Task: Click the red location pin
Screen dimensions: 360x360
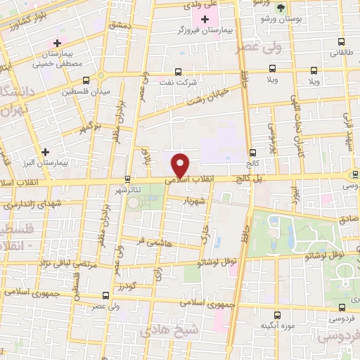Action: click(181, 165)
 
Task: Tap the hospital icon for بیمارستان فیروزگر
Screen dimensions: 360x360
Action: click(205, 20)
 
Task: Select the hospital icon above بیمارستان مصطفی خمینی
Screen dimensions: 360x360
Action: click(57, 44)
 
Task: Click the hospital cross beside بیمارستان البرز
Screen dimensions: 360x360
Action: click(46, 151)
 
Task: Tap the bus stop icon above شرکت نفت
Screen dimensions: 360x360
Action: click(176, 70)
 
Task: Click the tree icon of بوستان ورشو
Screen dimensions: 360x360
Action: click(281, 8)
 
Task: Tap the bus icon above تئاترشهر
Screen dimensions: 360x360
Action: click(127, 179)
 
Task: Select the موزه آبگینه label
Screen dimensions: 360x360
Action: click(276, 326)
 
